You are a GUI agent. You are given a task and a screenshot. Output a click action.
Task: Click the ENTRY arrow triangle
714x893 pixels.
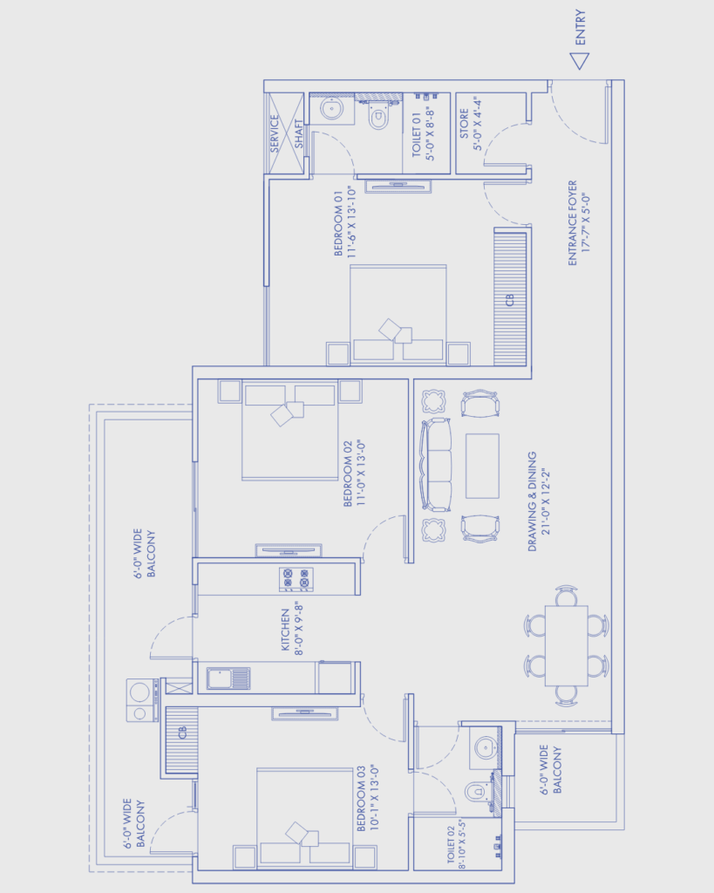(x=580, y=60)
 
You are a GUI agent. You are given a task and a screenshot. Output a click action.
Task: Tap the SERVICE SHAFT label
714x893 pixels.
(x=287, y=133)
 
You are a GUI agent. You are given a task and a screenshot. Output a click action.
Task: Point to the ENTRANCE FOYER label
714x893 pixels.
(x=579, y=223)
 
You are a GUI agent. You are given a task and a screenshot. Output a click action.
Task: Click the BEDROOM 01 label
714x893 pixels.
(x=345, y=222)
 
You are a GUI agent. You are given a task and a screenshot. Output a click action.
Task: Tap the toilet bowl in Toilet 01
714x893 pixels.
(x=378, y=118)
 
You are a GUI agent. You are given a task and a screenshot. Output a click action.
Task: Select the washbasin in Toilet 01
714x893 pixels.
(x=332, y=109)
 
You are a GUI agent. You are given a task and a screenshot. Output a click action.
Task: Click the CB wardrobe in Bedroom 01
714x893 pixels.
(x=510, y=297)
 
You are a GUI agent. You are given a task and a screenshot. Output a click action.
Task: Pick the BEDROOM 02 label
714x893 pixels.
(x=354, y=474)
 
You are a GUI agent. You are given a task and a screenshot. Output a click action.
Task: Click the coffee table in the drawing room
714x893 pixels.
(x=482, y=466)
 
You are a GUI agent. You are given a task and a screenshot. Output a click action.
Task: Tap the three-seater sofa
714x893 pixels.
(x=436, y=465)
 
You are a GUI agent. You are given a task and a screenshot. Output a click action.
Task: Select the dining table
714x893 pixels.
(x=566, y=646)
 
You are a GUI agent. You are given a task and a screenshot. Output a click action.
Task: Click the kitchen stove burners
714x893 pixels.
(x=296, y=579)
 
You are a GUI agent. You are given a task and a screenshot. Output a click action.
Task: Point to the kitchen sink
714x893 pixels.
(x=228, y=678)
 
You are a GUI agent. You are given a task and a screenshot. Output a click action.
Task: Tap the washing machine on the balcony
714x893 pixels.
(x=142, y=700)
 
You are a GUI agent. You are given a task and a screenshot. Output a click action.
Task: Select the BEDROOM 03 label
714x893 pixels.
(x=368, y=798)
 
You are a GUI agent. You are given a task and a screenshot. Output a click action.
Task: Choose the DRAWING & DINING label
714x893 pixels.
(x=539, y=501)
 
